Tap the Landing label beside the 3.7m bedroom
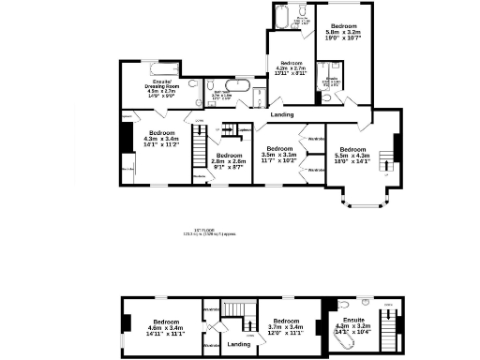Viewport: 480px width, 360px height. click(239, 344)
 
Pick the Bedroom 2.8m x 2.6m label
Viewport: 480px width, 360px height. click(229, 159)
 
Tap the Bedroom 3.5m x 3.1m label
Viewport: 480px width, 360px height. click(280, 155)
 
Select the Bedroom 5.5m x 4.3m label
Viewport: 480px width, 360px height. click(353, 156)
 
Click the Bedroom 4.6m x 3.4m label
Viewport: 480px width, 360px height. click(165, 325)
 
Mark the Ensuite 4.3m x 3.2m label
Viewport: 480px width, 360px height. click(353, 325)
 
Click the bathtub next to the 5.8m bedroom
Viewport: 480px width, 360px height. click(284, 15)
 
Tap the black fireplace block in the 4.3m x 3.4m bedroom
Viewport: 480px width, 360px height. click(124, 138)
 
